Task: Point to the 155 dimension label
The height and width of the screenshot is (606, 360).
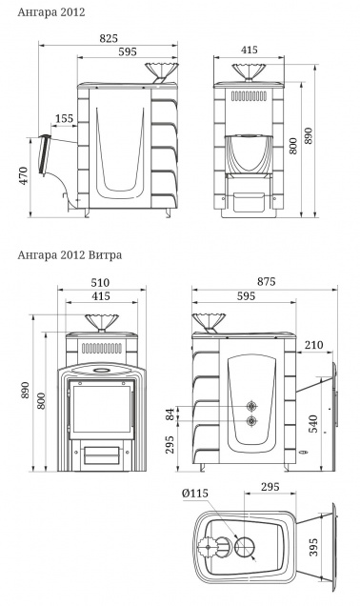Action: tap(64, 118)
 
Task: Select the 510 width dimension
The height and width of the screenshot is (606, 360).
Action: tap(100, 282)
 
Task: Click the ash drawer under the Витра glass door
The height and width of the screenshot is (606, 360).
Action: tap(99, 454)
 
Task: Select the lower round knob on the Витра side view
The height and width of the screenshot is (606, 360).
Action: tap(251, 420)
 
